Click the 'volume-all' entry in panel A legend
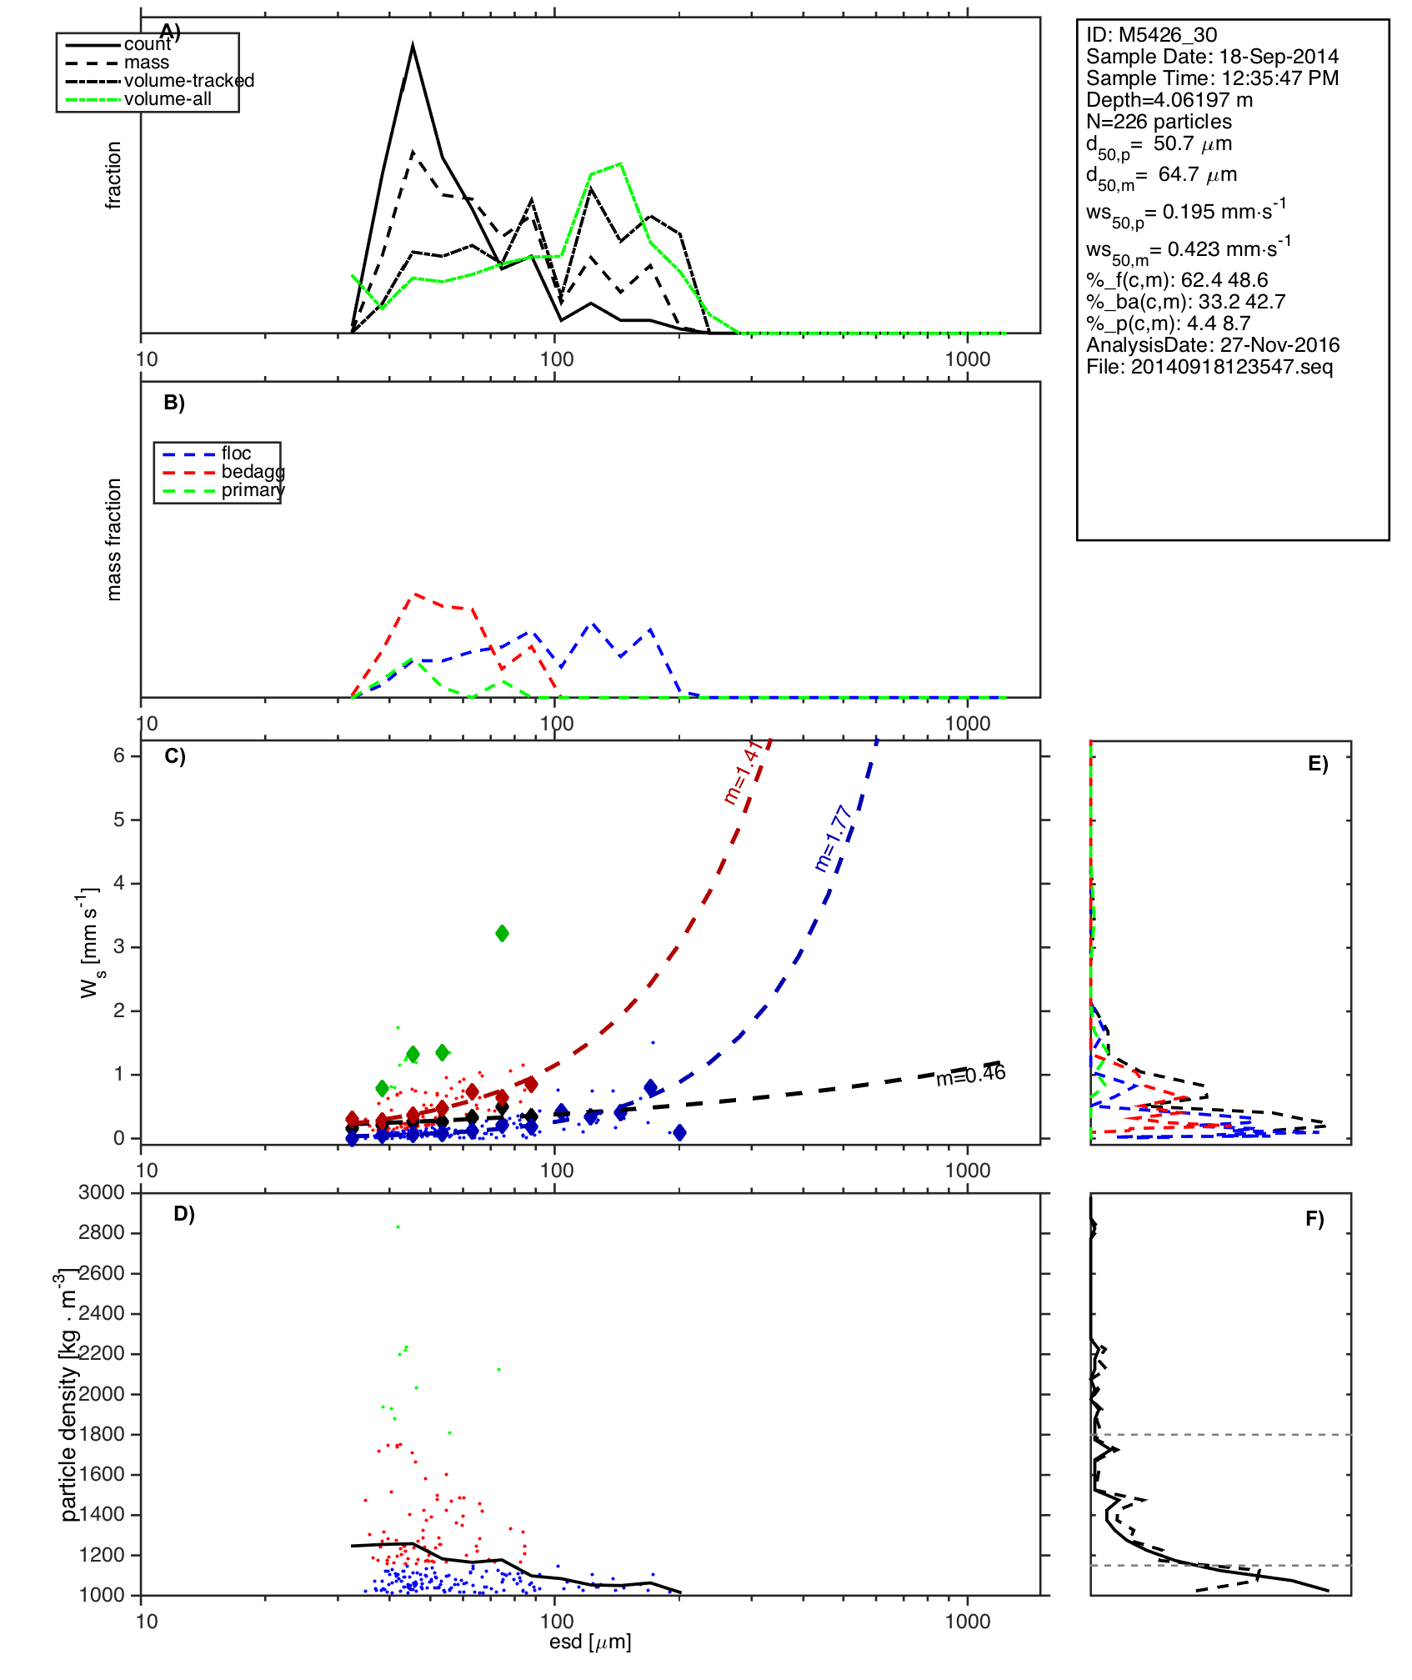tap(167, 99)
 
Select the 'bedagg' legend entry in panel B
tap(253, 472)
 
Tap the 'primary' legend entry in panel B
tap(253, 490)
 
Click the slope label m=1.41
tap(742, 771)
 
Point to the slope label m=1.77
tap(833, 838)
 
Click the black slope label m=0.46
tap(970, 1075)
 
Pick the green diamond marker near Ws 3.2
tap(502, 933)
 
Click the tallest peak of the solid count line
tap(413, 47)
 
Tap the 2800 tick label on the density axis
tap(101, 1232)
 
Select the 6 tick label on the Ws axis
tap(119, 755)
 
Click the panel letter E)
tap(1318, 764)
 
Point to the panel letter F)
tap(1314, 1219)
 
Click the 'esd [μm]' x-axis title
tap(590, 1642)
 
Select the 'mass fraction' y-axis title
tap(114, 539)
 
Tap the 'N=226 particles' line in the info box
tap(1159, 122)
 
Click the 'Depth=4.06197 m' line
tap(1169, 100)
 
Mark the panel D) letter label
tap(184, 1214)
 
